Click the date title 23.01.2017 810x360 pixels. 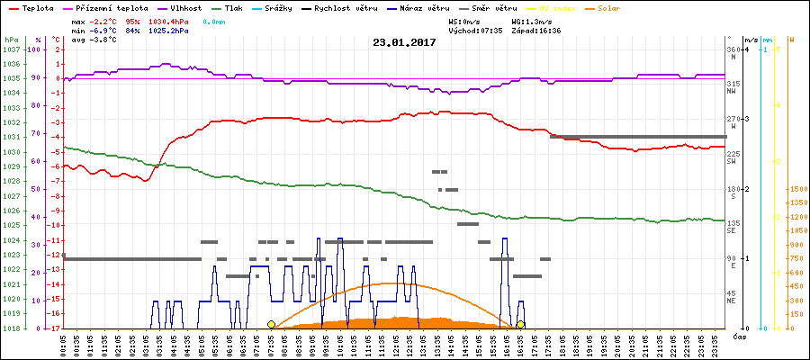tap(405, 42)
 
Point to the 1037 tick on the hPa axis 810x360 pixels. tap(11, 49)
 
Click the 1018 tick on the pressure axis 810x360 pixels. tap(11, 328)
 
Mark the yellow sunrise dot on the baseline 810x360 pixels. tap(272, 324)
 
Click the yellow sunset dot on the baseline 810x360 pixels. tap(520, 324)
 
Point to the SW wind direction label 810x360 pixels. tap(732, 161)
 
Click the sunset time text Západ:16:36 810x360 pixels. tap(536, 30)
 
